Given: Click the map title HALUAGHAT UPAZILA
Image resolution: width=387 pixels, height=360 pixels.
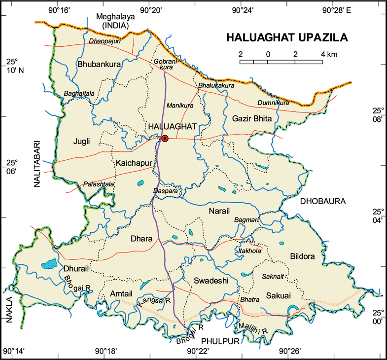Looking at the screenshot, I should [x=287, y=37].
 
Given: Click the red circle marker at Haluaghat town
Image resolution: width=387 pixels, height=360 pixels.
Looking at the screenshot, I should [x=165, y=139].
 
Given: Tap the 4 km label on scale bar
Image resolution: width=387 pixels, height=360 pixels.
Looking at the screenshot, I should [x=329, y=54].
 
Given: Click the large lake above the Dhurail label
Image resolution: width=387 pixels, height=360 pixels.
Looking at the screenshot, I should [x=49, y=264].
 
